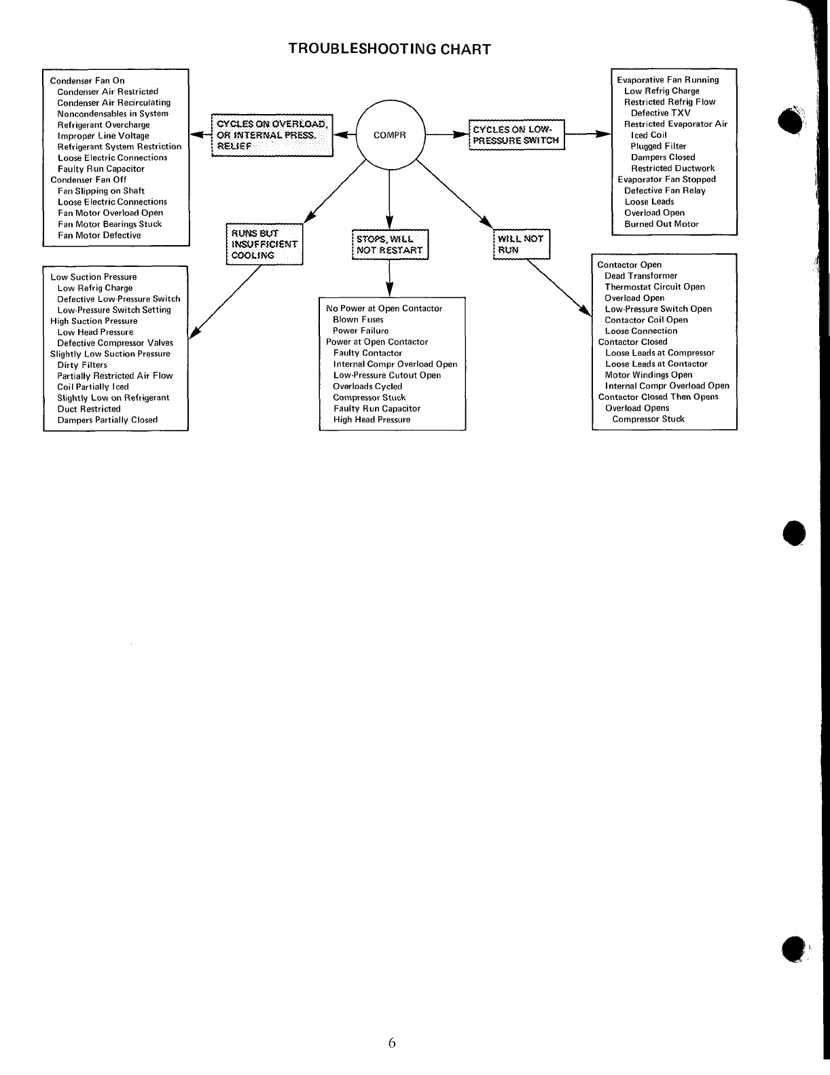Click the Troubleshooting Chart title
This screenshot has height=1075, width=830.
click(389, 49)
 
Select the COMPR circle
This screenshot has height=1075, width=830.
click(390, 135)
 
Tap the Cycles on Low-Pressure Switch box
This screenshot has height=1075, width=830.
click(516, 134)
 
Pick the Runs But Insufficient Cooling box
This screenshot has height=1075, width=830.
click(264, 244)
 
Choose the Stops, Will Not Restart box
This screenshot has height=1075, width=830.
click(390, 244)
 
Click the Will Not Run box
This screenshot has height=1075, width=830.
click(521, 244)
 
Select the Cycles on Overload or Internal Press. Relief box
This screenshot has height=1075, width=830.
click(272, 135)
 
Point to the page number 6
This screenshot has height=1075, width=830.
click(392, 1044)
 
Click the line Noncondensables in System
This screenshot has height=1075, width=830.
click(113, 113)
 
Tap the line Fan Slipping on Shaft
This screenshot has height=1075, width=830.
click(101, 191)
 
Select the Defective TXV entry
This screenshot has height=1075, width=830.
click(660, 113)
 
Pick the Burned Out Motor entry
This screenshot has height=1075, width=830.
click(662, 223)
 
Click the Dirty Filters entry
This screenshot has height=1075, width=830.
click(82, 365)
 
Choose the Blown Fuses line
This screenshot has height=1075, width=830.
click(358, 319)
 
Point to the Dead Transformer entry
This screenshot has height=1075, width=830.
click(640, 276)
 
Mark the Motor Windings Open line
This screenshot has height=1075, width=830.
click(649, 375)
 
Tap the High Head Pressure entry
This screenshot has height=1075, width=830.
click(372, 420)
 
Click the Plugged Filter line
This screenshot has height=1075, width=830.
click(658, 146)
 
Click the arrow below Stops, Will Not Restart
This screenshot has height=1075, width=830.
click(389, 278)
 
